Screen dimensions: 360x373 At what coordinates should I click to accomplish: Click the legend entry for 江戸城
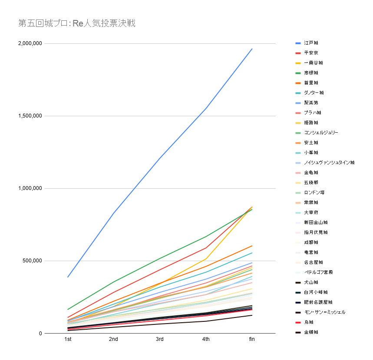pos(311,43)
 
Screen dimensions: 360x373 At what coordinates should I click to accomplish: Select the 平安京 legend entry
pos(311,53)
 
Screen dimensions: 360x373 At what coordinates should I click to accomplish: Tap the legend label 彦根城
pos(311,73)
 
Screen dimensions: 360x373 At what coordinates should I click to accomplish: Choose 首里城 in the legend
pos(311,83)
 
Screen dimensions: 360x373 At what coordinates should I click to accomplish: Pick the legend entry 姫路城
pos(311,123)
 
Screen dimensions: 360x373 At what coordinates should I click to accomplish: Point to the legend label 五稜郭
pos(311,183)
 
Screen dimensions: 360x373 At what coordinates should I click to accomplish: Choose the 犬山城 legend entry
pos(311,282)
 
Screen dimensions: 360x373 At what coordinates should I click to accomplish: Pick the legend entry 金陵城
pos(311,332)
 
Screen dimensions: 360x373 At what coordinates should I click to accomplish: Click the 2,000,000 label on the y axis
pos(30,43)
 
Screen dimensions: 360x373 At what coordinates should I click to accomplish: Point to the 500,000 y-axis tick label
pos(33,261)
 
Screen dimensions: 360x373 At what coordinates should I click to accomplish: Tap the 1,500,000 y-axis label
pos(30,116)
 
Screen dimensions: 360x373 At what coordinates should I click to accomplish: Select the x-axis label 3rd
pos(159,339)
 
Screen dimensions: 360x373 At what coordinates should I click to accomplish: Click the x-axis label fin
pos(252,339)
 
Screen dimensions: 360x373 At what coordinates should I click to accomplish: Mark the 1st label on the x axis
pos(68,339)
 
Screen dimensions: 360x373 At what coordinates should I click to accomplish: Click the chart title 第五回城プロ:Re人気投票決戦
pos(77,23)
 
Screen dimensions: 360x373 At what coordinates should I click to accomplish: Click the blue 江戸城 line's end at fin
pos(252,49)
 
